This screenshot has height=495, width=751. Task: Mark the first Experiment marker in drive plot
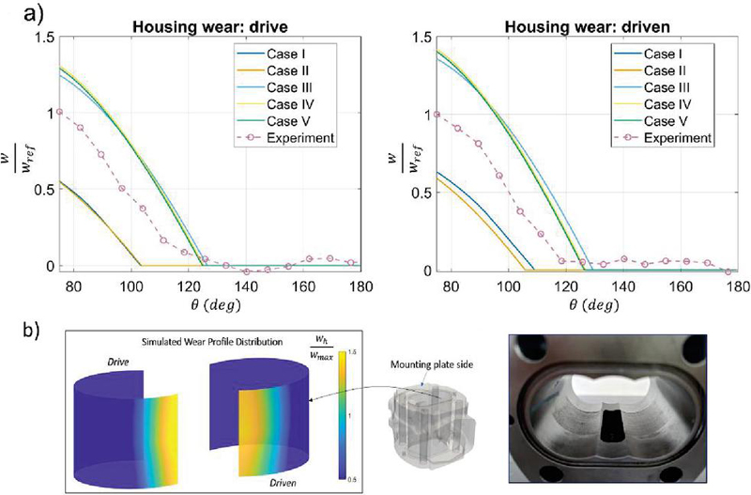(x=59, y=112)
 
